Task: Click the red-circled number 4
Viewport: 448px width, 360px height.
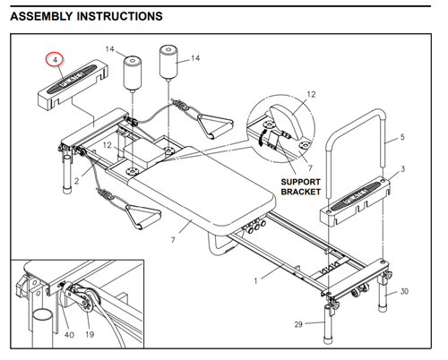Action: [x=55, y=60]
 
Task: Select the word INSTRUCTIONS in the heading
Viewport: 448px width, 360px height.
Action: [x=120, y=16]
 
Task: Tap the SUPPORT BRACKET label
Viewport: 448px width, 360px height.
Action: [x=301, y=187]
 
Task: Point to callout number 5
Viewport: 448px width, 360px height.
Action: [x=402, y=137]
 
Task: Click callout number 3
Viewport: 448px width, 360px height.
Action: [x=402, y=169]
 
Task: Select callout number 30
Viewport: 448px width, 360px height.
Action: [x=404, y=291]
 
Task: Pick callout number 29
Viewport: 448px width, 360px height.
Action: [x=298, y=324]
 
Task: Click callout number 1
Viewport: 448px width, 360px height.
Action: [x=255, y=281]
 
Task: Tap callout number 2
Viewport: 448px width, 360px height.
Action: [x=77, y=181]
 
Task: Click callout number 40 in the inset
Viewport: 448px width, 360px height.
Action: [x=69, y=335]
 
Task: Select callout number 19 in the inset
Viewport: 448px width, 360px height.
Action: [x=90, y=335]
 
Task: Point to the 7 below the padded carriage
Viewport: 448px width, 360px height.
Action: [x=173, y=239]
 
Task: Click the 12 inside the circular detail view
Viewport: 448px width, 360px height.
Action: [x=311, y=94]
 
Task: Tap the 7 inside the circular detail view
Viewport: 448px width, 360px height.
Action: [x=310, y=168]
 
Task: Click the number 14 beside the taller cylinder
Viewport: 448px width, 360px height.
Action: [x=195, y=58]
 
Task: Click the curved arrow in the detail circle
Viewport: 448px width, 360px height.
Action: [x=262, y=137]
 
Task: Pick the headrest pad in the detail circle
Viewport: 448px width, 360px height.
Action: [x=285, y=121]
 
